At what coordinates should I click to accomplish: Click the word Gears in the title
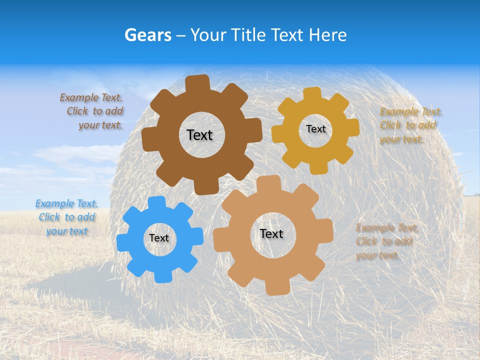click(x=147, y=35)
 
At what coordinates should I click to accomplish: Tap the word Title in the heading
click(x=248, y=35)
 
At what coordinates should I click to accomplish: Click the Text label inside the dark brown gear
click(x=199, y=135)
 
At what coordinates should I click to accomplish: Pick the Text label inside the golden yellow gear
click(x=315, y=129)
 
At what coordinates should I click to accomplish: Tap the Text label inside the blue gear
click(x=159, y=238)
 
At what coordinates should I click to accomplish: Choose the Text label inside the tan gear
click(x=271, y=233)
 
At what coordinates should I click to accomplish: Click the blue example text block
click(x=66, y=217)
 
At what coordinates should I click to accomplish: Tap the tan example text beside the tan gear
click(x=385, y=241)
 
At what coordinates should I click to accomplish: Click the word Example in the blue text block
click(x=54, y=203)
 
